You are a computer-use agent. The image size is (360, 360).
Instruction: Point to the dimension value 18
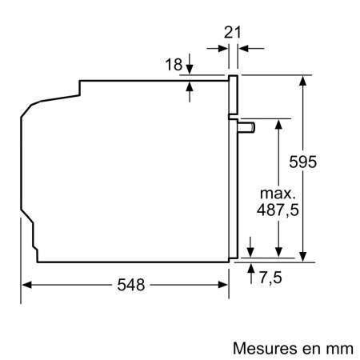(x=172, y=64)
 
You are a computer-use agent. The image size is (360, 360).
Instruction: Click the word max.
(x=277, y=194)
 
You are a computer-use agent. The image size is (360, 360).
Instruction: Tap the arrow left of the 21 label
(x=222, y=48)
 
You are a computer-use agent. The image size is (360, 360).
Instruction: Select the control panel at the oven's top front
(x=234, y=95)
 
